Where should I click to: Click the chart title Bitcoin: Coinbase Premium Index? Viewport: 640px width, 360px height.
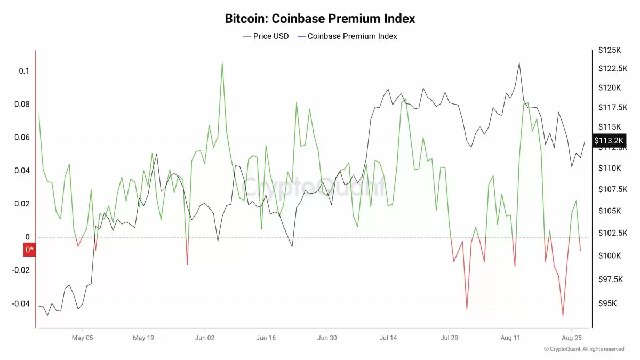pyautogui.click(x=320, y=19)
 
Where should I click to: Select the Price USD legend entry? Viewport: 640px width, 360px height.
pyautogui.click(x=266, y=36)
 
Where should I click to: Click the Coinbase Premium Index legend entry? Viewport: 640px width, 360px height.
pyautogui.click(x=347, y=36)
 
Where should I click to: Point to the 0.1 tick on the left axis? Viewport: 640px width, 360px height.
pyautogui.click(x=24, y=71)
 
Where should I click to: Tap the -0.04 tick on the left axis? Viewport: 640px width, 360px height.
pyautogui.click(x=22, y=304)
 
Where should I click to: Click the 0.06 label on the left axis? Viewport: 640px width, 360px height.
pyautogui.click(x=22, y=138)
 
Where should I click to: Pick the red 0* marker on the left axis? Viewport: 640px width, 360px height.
pyautogui.click(x=29, y=249)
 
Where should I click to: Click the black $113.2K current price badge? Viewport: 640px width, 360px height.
pyautogui.click(x=609, y=140)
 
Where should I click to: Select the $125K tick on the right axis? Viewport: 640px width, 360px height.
pyautogui.click(x=610, y=50)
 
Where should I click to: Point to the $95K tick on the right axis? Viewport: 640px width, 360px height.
pyautogui.click(x=608, y=303)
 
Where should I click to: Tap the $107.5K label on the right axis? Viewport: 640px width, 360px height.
pyautogui.click(x=611, y=189)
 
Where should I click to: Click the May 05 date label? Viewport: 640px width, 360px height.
pyautogui.click(x=83, y=338)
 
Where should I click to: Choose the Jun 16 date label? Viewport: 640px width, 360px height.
pyautogui.click(x=266, y=338)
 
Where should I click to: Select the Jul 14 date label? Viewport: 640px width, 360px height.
pyautogui.click(x=388, y=338)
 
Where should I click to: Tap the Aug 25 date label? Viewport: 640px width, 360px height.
pyautogui.click(x=571, y=338)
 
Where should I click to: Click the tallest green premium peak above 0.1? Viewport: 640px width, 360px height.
pyautogui.click(x=222, y=62)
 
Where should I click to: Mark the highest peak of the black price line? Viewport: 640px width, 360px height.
pyautogui.click(x=519, y=62)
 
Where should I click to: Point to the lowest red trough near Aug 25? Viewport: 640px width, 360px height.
pyautogui.click(x=563, y=315)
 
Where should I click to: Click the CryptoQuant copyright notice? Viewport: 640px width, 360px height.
pyautogui.click(x=583, y=349)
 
